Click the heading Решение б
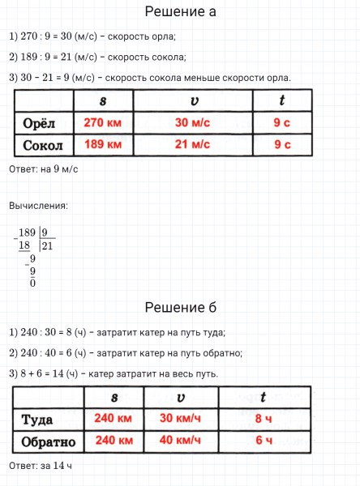point(180,308)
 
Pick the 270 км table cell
point(102,123)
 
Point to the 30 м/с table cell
point(192,123)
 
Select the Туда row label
point(41,419)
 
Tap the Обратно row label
point(48,441)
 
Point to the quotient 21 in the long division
point(46,245)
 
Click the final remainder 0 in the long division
point(32,283)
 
